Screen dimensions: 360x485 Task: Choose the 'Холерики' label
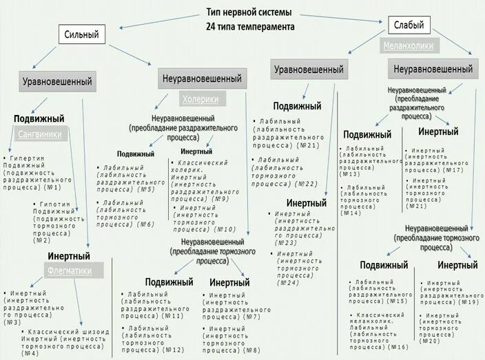click(x=200, y=98)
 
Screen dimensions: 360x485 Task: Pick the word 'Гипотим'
click(x=50, y=205)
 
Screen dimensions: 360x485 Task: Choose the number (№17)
click(x=453, y=169)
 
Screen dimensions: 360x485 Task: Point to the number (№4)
click(x=30, y=352)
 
